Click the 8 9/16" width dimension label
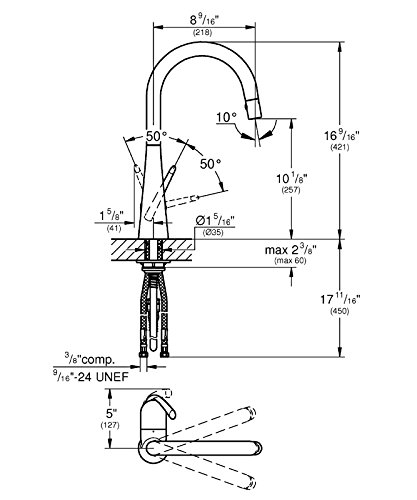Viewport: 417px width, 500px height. [203, 21]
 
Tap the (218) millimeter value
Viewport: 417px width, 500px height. [202, 33]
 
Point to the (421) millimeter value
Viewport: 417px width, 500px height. [340, 147]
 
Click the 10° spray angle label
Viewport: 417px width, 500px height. [227, 117]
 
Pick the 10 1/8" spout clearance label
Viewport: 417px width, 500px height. [291, 179]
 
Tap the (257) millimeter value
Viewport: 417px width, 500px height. [291, 190]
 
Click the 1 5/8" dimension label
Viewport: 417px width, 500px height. [112, 217]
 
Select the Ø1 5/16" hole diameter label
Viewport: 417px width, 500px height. [216, 221]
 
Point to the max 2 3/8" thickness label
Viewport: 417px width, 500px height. [290, 250]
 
